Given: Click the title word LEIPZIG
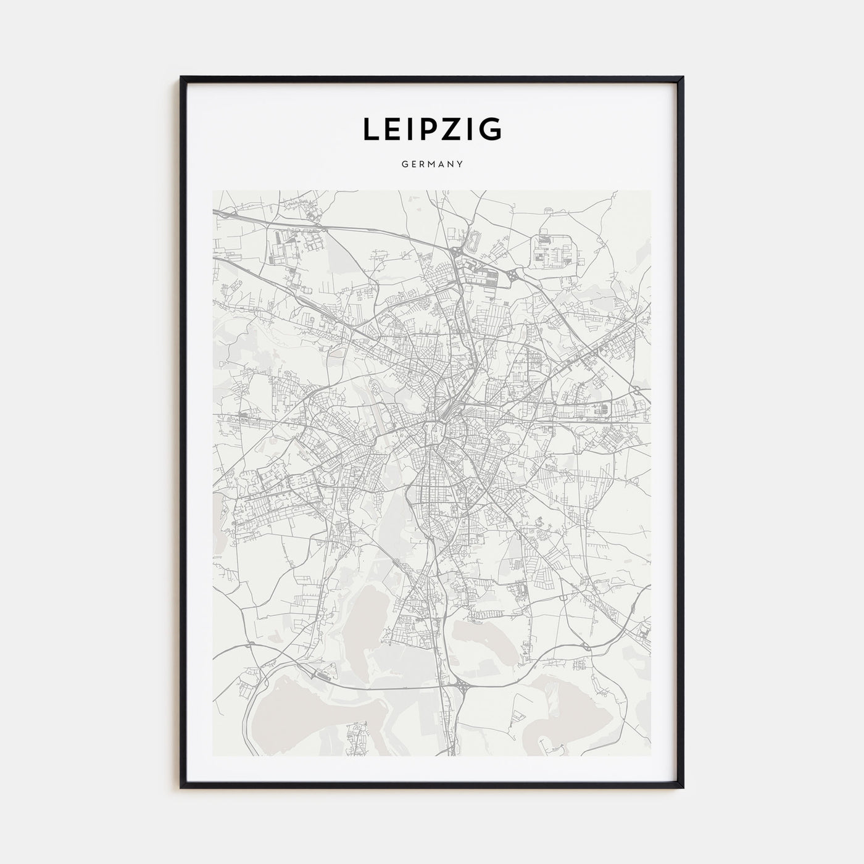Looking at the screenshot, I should (x=431, y=129).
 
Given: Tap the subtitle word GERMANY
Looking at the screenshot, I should (x=431, y=165).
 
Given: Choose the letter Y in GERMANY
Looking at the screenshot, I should (x=460, y=165).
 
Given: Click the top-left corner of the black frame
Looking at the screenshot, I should (x=182, y=78).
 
